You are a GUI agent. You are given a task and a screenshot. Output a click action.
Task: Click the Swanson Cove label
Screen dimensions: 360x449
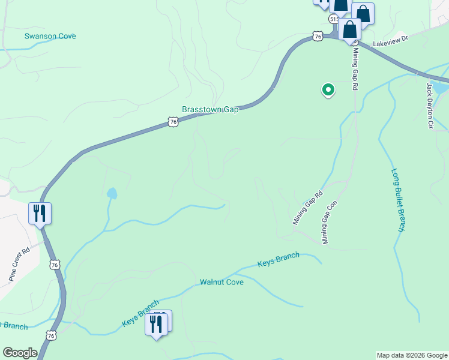(50, 36)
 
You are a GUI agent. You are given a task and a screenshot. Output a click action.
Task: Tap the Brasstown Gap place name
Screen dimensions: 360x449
(210, 110)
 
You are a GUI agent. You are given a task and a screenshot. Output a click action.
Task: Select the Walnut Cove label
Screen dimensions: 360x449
(221, 281)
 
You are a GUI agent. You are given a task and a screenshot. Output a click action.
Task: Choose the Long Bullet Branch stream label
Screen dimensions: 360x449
(398, 200)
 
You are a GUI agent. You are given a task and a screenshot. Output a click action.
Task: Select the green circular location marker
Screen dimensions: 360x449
(328, 89)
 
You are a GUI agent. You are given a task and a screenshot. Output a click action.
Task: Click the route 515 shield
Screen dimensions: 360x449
(334, 19)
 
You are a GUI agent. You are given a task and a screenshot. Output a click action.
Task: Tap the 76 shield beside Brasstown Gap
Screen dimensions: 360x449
(173, 122)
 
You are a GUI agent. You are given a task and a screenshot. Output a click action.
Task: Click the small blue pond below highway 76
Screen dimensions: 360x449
(112, 193)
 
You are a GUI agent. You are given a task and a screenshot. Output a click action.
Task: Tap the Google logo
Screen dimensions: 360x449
(20, 353)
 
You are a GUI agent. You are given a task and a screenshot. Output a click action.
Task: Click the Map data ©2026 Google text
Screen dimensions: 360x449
(411, 355)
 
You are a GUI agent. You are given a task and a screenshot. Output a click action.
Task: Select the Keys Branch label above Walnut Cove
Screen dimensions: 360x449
(278, 260)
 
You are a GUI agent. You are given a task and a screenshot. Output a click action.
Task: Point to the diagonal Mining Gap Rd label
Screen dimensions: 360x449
(308, 208)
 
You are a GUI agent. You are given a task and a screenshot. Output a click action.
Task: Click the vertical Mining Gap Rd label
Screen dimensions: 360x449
(355, 68)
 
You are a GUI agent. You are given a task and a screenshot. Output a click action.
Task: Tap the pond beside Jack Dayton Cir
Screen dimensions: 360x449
(440, 88)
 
